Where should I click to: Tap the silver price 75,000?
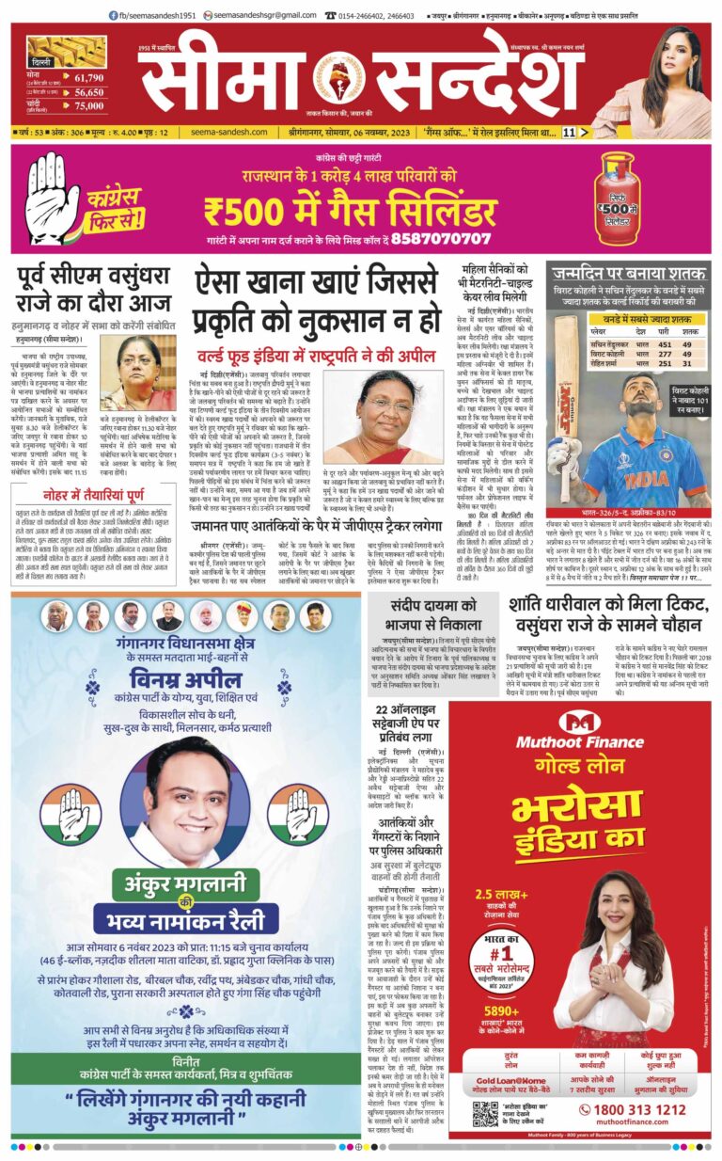(89, 106)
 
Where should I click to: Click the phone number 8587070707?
(445, 238)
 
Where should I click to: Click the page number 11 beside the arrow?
(568, 133)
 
